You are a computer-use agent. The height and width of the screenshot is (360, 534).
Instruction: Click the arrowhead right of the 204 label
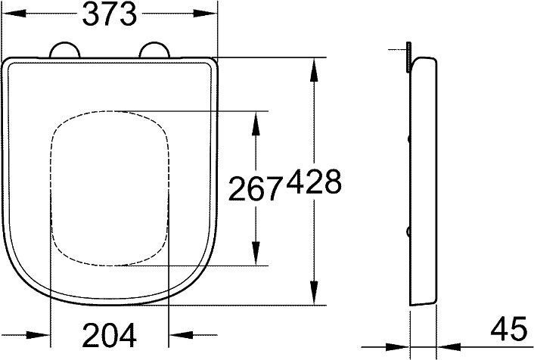tap(180, 334)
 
